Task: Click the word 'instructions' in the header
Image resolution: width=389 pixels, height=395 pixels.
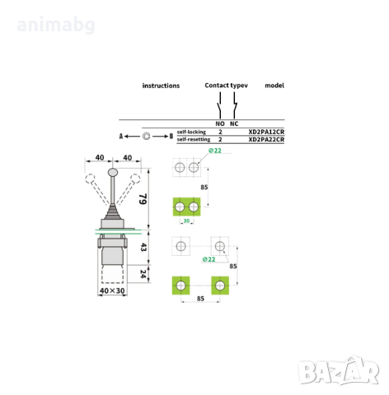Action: (161, 86)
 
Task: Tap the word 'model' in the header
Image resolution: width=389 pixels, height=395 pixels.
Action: (274, 86)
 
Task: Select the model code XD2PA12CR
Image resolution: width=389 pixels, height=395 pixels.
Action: (266, 132)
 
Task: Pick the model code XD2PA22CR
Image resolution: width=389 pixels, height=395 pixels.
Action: (266, 140)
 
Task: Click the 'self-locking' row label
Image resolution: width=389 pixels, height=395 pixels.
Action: (191, 132)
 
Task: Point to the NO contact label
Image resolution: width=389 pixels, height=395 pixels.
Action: (220, 123)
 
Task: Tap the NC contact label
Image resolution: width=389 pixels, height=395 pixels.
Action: (234, 123)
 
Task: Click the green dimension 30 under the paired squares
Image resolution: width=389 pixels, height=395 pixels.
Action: (186, 220)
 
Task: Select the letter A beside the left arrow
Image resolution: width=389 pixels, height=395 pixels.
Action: (122, 136)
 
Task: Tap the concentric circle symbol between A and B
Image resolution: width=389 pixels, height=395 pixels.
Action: (146, 136)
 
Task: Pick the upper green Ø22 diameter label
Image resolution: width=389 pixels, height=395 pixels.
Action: (214, 151)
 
